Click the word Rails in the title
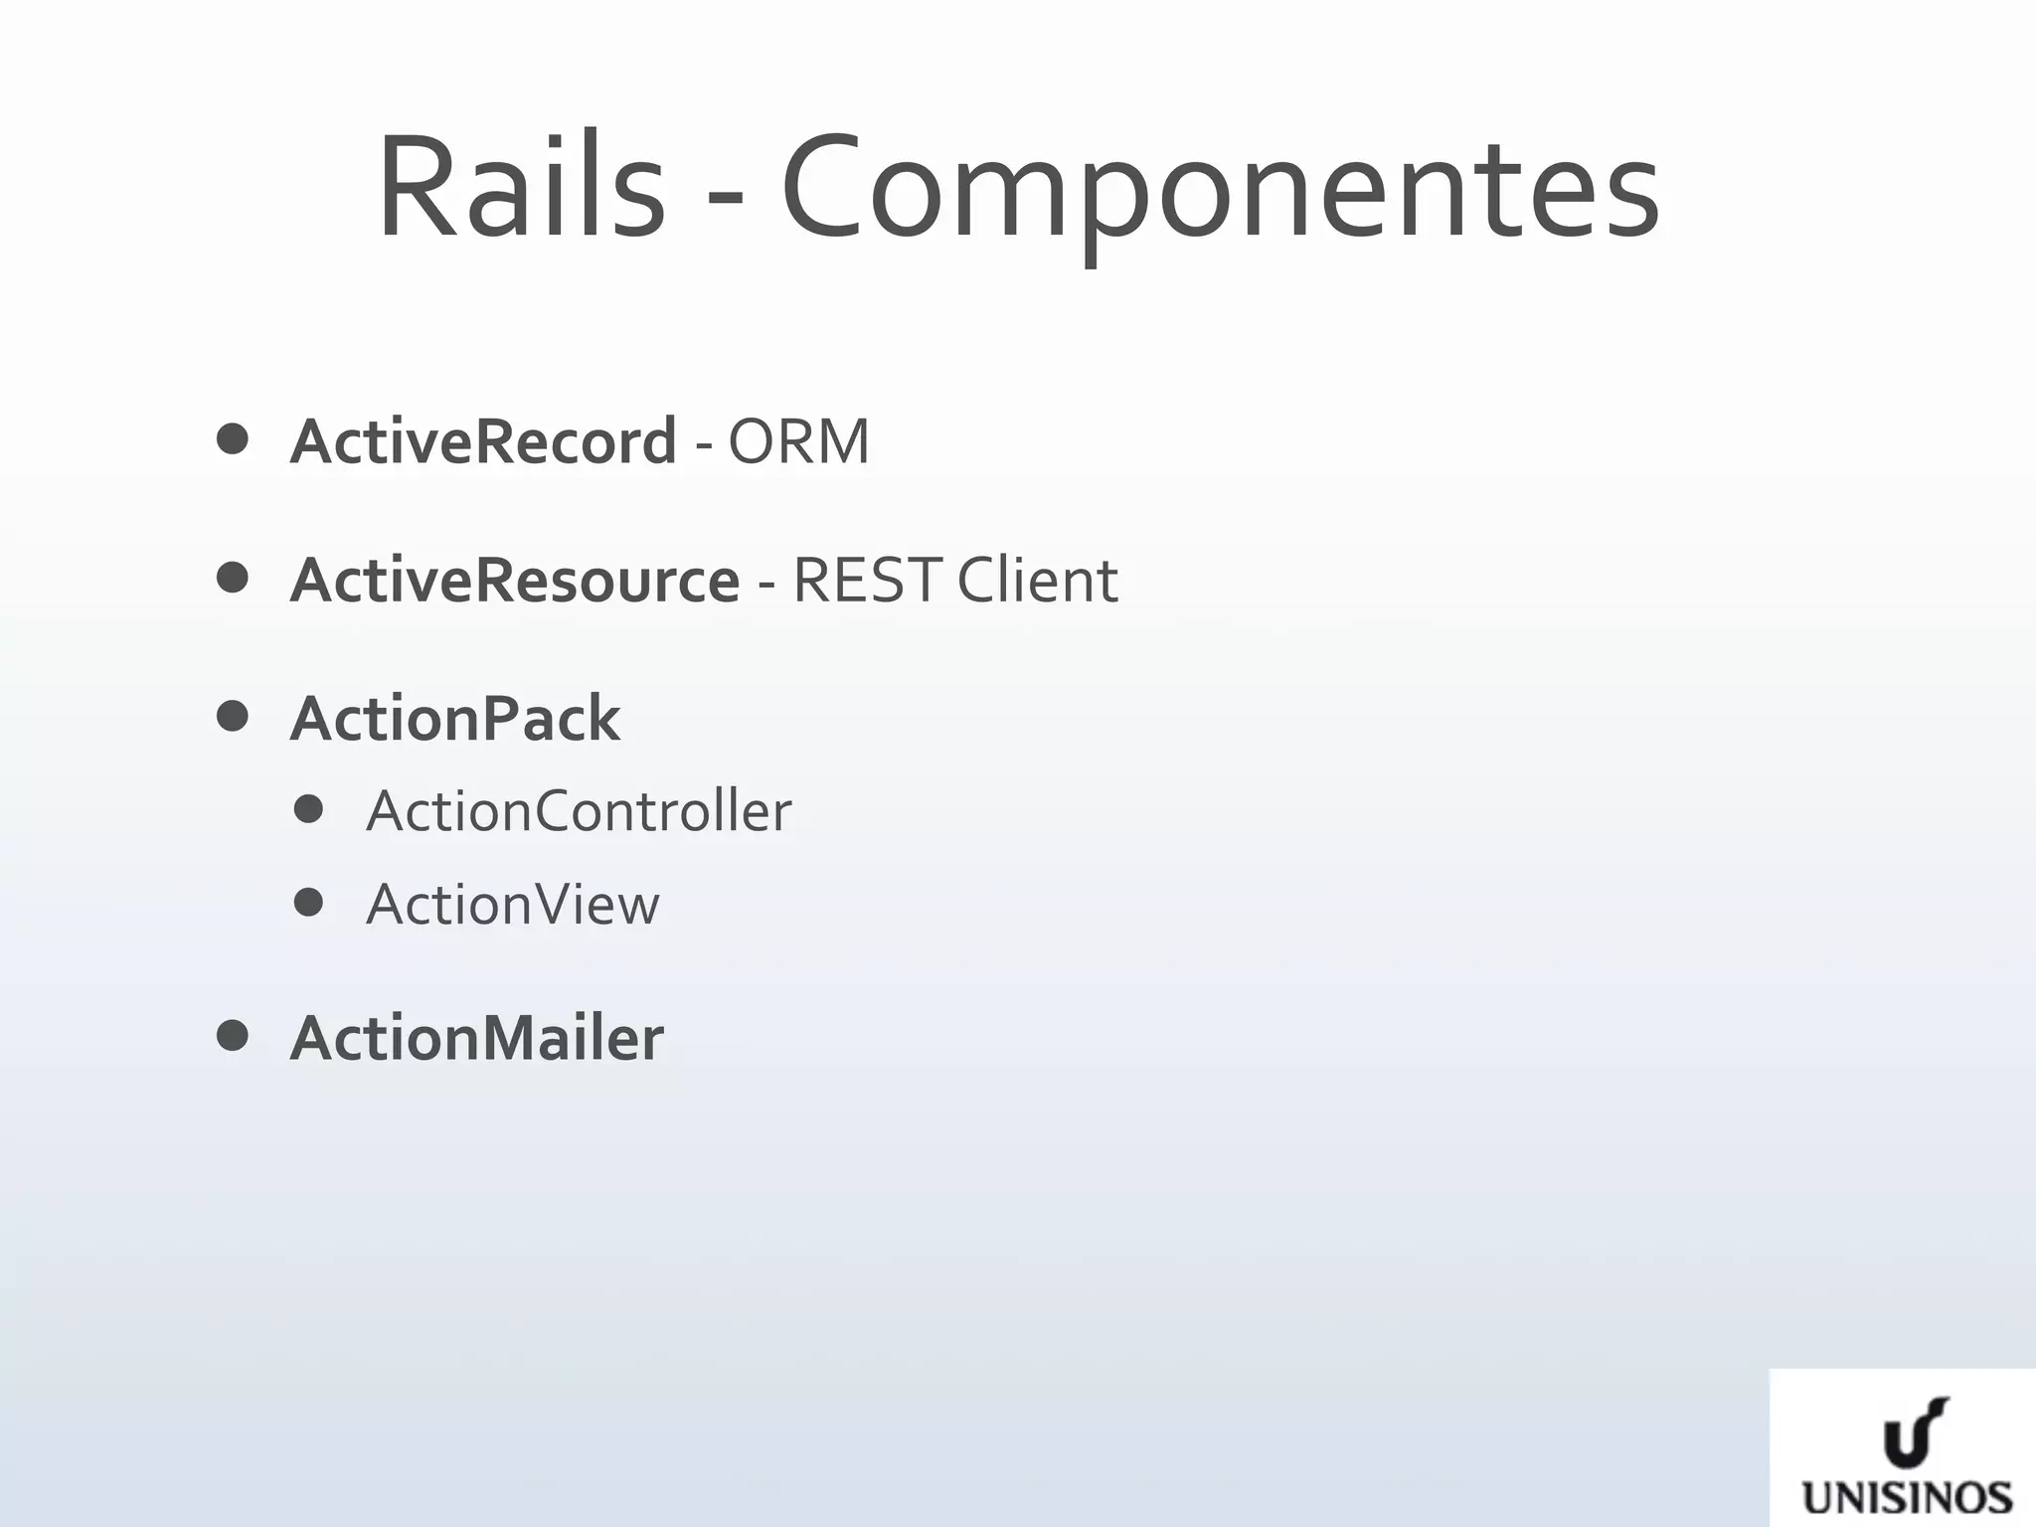point(520,187)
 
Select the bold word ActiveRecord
point(483,440)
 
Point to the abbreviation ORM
point(798,440)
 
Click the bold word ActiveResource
point(515,580)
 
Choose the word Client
point(1038,580)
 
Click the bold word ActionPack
point(455,718)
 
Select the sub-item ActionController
point(579,811)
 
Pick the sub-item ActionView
point(512,905)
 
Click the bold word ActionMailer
point(476,1038)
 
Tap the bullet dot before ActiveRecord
point(232,439)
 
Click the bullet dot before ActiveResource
point(232,578)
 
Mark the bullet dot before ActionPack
point(232,716)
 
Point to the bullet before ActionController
point(309,809)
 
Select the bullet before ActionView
point(309,903)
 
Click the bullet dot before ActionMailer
point(232,1036)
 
